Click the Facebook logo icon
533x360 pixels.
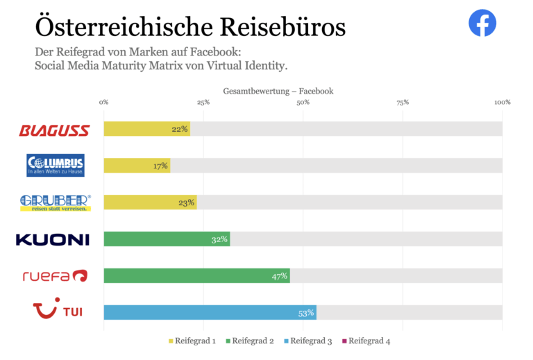point(482,24)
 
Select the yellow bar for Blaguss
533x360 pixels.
point(146,129)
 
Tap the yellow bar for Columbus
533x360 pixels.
point(137,166)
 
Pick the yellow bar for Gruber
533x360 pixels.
point(150,203)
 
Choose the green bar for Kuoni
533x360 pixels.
point(167,239)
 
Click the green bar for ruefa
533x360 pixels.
point(196,276)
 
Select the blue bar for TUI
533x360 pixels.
point(210,313)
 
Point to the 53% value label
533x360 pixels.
point(306,313)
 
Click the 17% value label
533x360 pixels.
point(161,166)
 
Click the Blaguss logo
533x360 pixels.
point(54,130)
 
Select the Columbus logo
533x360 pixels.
point(55,165)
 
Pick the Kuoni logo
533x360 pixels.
point(53,239)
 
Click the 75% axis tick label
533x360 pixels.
point(403,102)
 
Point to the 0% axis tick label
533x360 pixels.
point(104,102)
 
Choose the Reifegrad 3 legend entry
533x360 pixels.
point(308,341)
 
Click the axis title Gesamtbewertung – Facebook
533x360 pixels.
point(278,91)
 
